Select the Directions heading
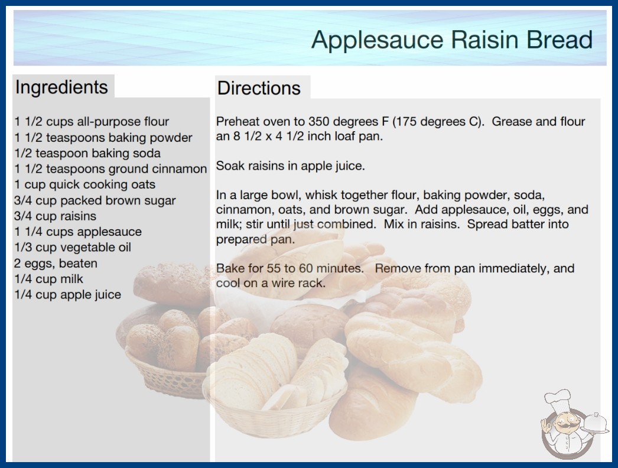pyautogui.click(x=259, y=88)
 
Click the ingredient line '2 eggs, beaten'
pyautogui.click(x=56, y=264)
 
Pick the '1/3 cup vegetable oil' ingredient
pyautogui.click(x=73, y=247)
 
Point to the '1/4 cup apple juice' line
pyautogui.click(x=68, y=294)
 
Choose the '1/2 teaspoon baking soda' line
pyautogui.click(x=87, y=153)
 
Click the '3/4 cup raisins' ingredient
pyautogui.click(x=55, y=216)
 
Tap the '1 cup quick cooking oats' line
pyautogui.click(x=84, y=184)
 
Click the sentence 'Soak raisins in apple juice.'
pyautogui.click(x=291, y=166)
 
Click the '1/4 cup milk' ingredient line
pyautogui.click(x=49, y=279)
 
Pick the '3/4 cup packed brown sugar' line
pyautogui.click(x=95, y=200)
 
